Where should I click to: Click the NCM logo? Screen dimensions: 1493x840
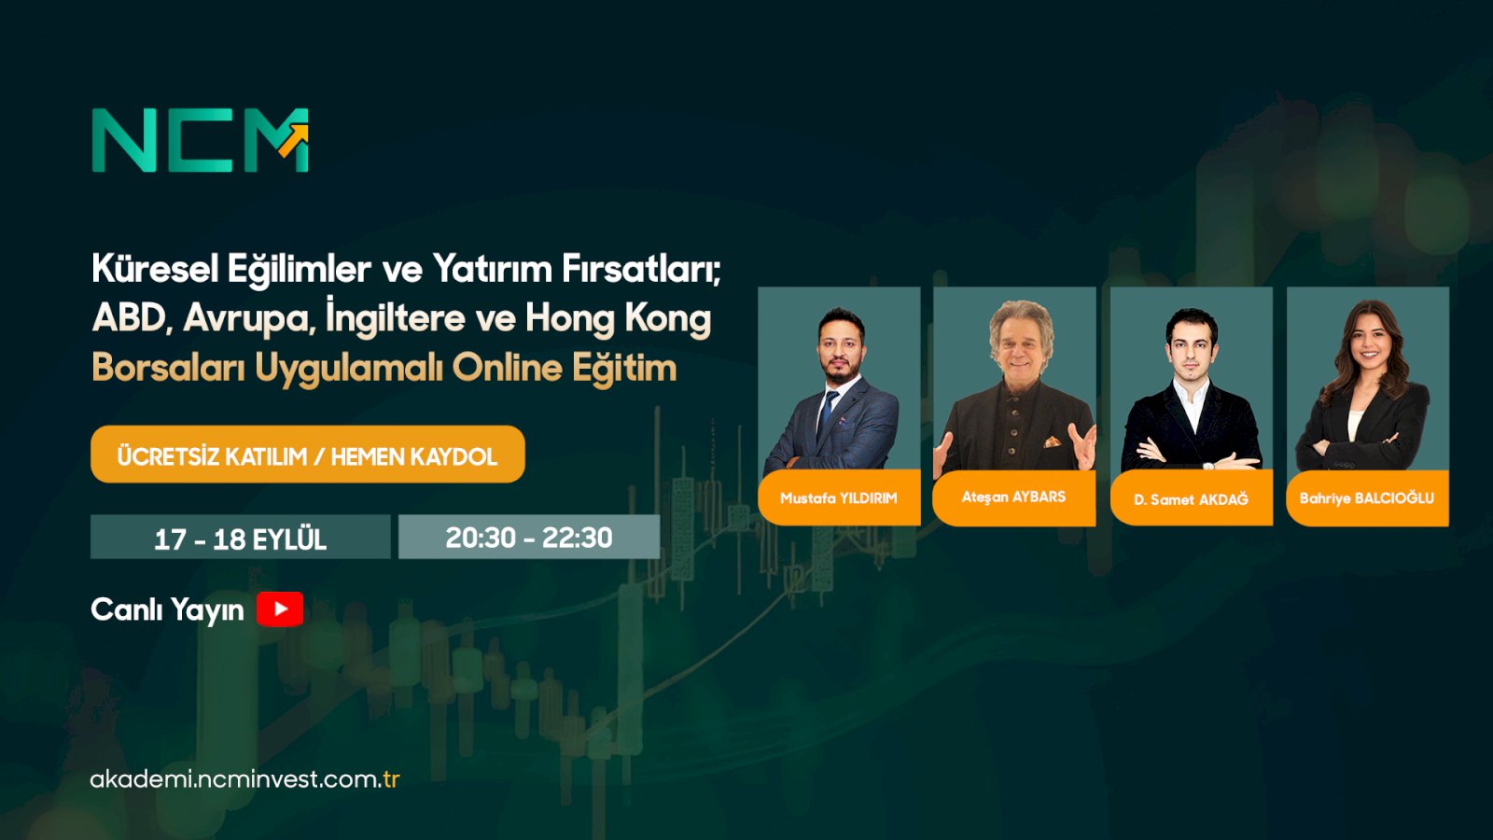[x=200, y=140]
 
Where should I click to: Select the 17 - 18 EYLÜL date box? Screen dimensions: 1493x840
[x=240, y=538]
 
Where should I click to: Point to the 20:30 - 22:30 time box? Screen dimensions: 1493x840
[x=529, y=538]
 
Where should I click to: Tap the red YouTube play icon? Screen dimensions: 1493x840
[x=280, y=609]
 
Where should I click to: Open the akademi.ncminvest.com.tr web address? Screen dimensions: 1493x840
[x=244, y=779]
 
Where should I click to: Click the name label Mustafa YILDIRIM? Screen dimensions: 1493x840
[x=839, y=498]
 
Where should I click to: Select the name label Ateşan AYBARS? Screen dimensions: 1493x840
[x=1013, y=497]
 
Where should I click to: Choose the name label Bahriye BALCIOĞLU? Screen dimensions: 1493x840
[x=1366, y=498]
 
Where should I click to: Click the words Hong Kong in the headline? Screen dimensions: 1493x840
[x=618, y=318]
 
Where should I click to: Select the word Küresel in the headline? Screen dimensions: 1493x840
[x=155, y=269]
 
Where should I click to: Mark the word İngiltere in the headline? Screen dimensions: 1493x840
[x=396, y=318]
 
